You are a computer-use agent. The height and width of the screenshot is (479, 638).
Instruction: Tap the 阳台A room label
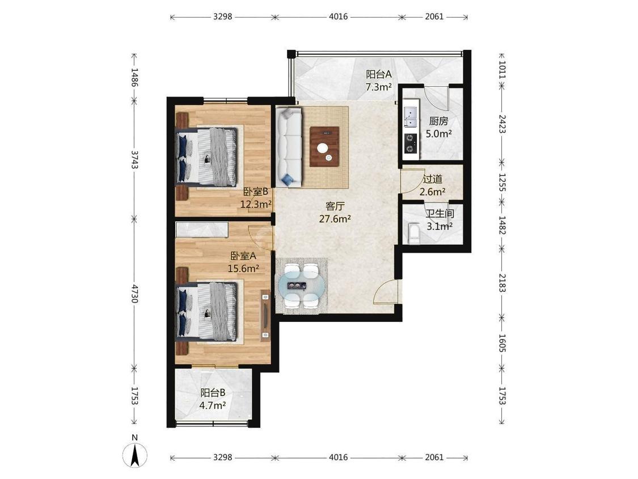378,74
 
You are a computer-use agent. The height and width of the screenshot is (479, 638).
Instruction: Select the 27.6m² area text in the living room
335,219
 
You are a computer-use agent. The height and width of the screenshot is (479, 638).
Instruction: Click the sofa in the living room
289,147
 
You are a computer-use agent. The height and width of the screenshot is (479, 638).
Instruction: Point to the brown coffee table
324,146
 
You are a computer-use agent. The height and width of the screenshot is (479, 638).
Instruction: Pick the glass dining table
302,286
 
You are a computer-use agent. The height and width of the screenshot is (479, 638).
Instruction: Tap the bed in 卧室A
206,311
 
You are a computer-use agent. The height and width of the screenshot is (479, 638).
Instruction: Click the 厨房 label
438,121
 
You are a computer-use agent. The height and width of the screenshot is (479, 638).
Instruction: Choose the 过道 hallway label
433,179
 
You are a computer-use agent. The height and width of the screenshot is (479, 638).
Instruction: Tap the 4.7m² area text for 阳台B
213,405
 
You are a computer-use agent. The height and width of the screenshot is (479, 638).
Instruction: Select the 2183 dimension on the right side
502,283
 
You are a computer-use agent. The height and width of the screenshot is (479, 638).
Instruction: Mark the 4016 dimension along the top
338,16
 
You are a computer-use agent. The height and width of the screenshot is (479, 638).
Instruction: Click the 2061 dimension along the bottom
434,457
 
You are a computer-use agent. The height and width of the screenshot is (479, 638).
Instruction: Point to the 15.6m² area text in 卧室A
243,268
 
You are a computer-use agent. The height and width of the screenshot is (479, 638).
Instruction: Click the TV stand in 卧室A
266,316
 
